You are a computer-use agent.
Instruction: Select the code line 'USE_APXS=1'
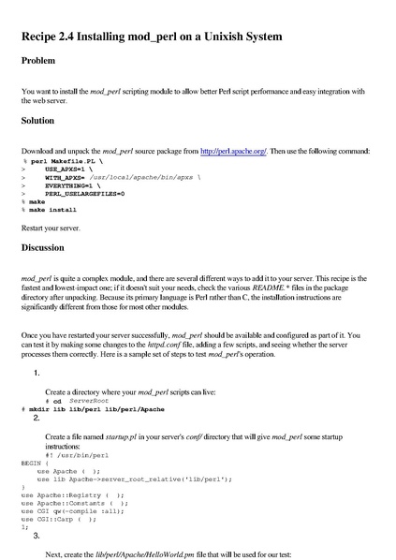(x=74, y=169)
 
